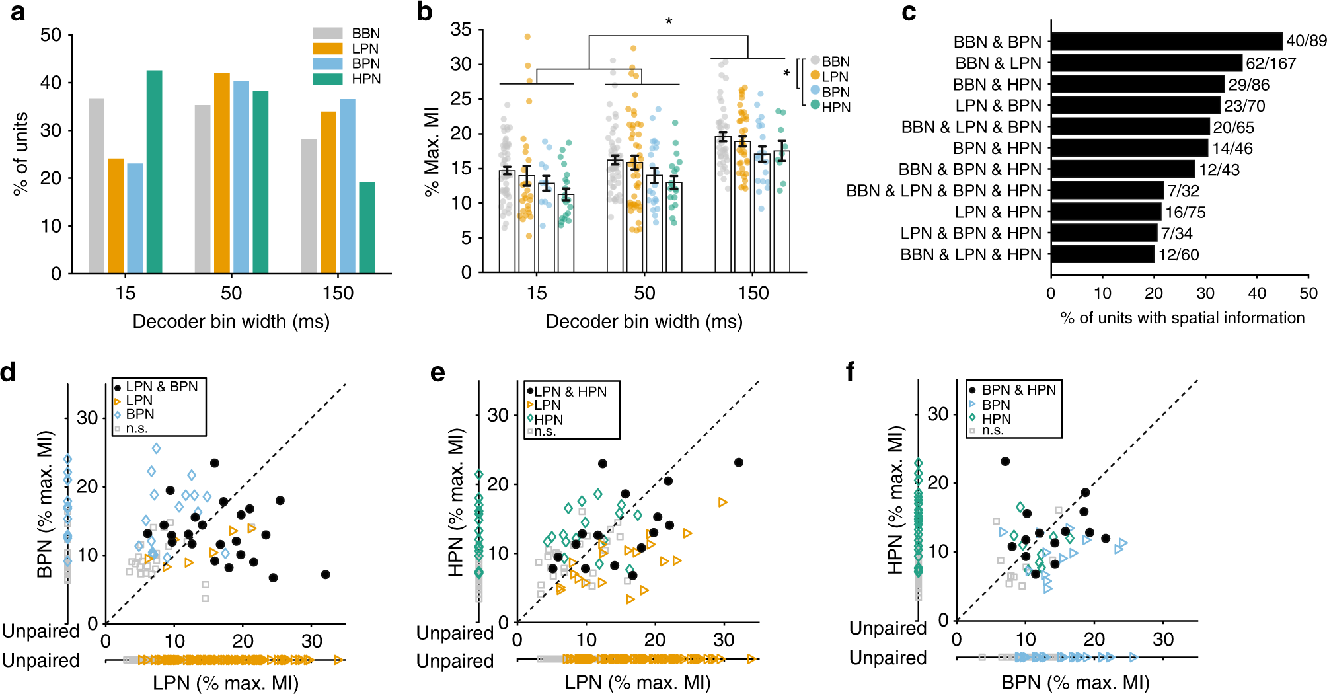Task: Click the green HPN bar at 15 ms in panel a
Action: [x=154, y=172]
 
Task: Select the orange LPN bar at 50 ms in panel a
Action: [x=222, y=173]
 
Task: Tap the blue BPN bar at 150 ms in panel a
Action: [x=348, y=186]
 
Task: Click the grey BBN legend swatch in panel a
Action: [x=328, y=33]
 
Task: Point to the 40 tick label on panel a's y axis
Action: [x=51, y=83]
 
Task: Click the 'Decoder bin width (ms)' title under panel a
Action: [x=231, y=321]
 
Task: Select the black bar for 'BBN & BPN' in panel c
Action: [x=1166, y=42]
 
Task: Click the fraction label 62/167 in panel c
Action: [x=1271, y=63]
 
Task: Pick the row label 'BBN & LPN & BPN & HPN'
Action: [x=944, y=191]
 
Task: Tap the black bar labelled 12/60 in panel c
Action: [x=1102, y=254]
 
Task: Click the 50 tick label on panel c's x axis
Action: [x=1308, y=293]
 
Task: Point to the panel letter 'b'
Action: [x=424, y=12]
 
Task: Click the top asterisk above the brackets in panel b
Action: [x=669, y=22]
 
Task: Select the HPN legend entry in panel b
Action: [x=831, y=107]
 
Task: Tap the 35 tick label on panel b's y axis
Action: [x=461, y=30]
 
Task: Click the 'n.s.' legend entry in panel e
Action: [x=545, y=432]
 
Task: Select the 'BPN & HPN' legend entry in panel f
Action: [x=1018, y=390]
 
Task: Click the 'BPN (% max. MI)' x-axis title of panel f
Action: [x=1075, y=682]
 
